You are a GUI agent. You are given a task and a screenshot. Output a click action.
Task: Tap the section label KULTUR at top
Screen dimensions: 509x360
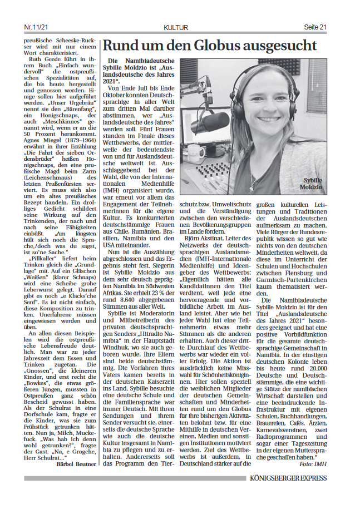coord(176,27)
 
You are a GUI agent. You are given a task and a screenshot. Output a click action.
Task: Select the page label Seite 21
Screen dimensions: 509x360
coord(315,27)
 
